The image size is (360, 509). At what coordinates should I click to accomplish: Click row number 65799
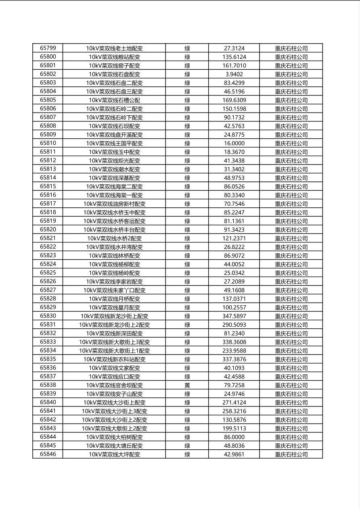pos(48,48)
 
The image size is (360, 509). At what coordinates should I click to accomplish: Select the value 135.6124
pos(234,57)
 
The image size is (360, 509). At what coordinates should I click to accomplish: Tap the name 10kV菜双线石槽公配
pos(114,100)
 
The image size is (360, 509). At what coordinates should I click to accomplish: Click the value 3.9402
pos(234,74)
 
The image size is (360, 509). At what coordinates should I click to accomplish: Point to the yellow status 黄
pos(187,385)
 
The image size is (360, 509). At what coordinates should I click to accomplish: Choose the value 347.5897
pos(234,316)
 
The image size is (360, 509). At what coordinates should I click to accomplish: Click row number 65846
pos(48,454)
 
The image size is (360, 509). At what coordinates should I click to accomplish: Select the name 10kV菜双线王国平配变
pos(114,143)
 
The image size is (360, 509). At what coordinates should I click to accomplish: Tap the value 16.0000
pos(234,143)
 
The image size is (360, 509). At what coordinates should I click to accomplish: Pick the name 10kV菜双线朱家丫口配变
pos(114,290)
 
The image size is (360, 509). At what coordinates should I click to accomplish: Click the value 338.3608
pos(234,342)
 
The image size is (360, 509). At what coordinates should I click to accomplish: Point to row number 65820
pos(48,229)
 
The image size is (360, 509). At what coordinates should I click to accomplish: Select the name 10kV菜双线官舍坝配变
pos(114,385)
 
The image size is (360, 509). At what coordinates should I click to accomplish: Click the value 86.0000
pos(234,437)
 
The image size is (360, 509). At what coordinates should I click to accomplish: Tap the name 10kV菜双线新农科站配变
pos(114,359)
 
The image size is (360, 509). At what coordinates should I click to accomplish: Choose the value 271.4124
pos(234,403)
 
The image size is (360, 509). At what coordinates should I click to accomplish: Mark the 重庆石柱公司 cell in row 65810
pos(291,143)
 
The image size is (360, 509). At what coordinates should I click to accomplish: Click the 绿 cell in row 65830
pos(187,316)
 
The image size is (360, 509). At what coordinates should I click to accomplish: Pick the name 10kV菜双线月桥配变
pos(114,299)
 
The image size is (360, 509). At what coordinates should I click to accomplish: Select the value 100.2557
pos(234,307)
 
